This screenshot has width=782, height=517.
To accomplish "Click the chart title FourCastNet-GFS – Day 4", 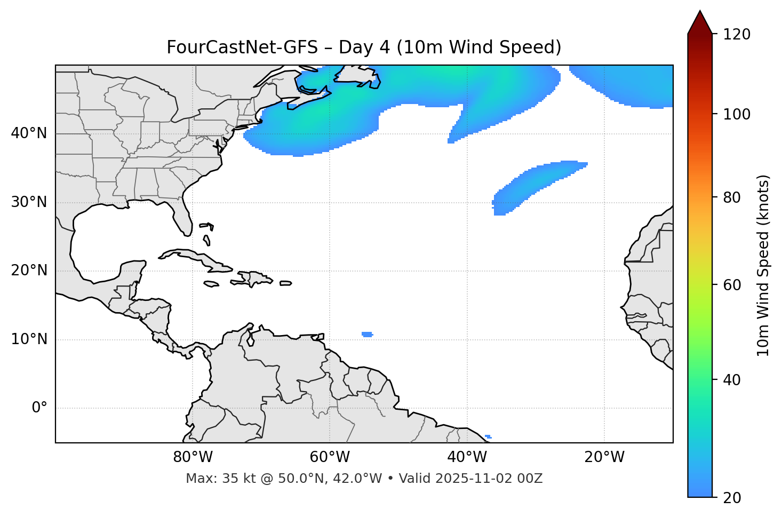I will click(x=364, y=47).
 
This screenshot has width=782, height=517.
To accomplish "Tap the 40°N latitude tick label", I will click(x=29, y=133).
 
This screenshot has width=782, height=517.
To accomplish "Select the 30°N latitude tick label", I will click(x=29, y=202).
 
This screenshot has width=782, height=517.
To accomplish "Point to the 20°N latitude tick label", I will click(x=29, y=271).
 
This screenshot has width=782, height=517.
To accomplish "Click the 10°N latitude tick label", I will click(x=29, y=339).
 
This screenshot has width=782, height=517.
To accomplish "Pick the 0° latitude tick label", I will click(x=39, y=408).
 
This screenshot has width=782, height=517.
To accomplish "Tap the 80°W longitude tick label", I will click(x=193, y=457).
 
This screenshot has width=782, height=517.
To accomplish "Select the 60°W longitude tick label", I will click(x=330, y=457).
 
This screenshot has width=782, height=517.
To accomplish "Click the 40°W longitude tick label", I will click(x=467, y=457).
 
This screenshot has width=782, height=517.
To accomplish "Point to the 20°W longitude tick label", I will click(x=604, y=457).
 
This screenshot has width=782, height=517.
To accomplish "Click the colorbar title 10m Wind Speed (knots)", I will click(x=764, y=266).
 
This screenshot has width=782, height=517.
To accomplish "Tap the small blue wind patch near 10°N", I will click(x=367, y=335).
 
